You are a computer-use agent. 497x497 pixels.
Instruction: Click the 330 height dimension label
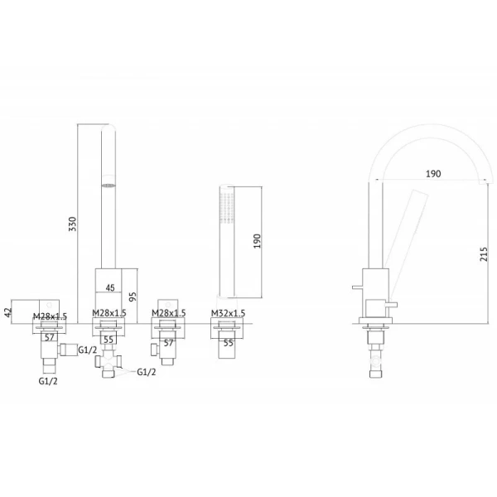73,224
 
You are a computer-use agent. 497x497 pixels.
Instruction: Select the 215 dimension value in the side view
484,254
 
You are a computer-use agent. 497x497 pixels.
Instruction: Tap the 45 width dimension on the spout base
109,287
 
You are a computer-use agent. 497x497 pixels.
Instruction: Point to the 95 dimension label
133,297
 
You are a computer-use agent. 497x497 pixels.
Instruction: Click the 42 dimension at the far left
9,311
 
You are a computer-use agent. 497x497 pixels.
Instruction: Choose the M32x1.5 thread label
229,313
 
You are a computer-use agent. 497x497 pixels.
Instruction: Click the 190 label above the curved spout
433,174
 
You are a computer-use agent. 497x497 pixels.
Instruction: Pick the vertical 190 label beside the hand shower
257,241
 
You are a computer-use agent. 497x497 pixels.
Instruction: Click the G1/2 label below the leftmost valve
48,381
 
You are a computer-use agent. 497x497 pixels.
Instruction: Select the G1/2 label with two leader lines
147,372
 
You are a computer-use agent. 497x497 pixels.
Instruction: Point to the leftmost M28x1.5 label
50,316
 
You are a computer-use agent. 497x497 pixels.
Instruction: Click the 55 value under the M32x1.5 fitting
229,343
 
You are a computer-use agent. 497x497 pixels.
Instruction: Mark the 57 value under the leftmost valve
50,338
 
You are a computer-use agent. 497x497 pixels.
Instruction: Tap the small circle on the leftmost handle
49,305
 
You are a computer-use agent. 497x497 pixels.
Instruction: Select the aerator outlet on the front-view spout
109,186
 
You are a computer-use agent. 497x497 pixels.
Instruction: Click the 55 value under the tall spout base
109,340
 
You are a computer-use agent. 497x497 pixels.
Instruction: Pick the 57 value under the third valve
168,343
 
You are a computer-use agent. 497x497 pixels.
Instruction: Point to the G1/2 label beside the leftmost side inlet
88,350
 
